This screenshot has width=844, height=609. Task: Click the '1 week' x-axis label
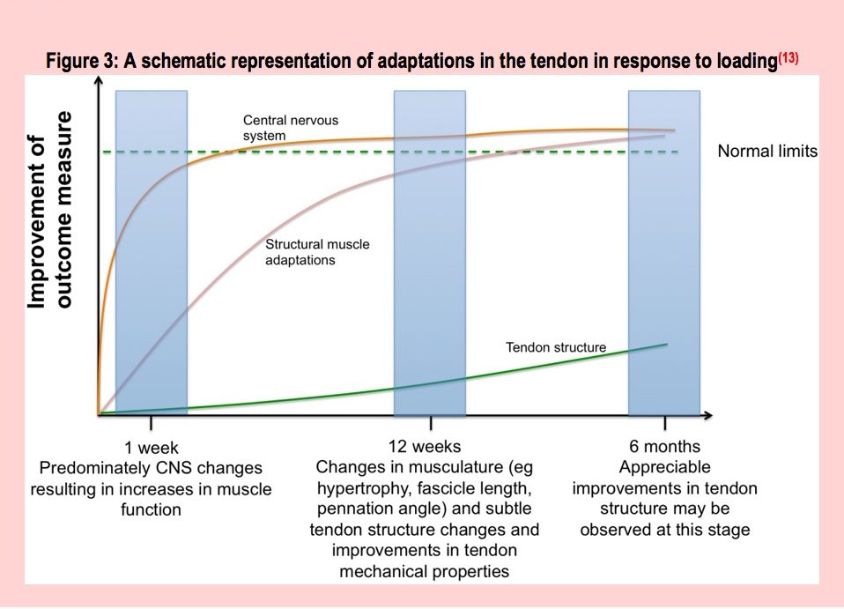click(x=151, y=447)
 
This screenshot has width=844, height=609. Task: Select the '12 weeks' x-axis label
click(x=425, y=447)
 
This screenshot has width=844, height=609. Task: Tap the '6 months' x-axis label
click(x=665, y=447)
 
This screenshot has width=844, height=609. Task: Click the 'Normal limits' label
click(x=766, y=152)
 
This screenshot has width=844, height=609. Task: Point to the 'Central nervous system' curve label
click(x=291, y=127)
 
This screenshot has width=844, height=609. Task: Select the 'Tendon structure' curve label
click(x=555, y=347)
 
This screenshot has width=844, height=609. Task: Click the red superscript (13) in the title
click(x=788, y=57)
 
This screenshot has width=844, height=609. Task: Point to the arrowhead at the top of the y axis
click(x=100, y=81)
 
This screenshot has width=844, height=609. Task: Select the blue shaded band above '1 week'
click(x=151, y=251)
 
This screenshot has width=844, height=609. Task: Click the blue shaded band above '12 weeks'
click(x=429, y=251)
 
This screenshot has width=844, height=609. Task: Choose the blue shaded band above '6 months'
click(x=663, y=251)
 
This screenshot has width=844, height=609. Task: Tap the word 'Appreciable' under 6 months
click(x=664, y=467)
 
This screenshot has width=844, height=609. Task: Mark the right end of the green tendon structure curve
click(x=667, y=344)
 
